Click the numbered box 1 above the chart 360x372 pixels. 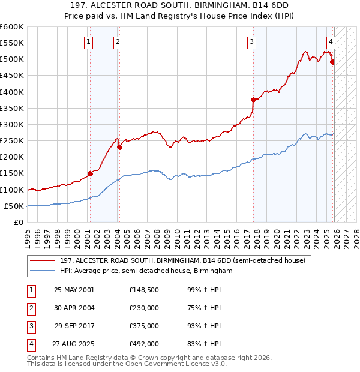pyautogui.click(x=88, y=41)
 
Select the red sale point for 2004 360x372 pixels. pyautogui.click(x=119, y=147)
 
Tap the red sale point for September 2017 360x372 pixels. pyautogui.click(x=253, y=100)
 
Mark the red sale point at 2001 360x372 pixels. pyautogui.click(x=91, y=174)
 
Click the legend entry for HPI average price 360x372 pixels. pyautogui.click(x=146, y=271)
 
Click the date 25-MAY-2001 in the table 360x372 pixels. pyautogui.click(x=74, y=290)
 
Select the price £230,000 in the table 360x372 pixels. pyautogui.click(x=144, y=308)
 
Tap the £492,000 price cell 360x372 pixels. pyautogui.click(x=144, y=344)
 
